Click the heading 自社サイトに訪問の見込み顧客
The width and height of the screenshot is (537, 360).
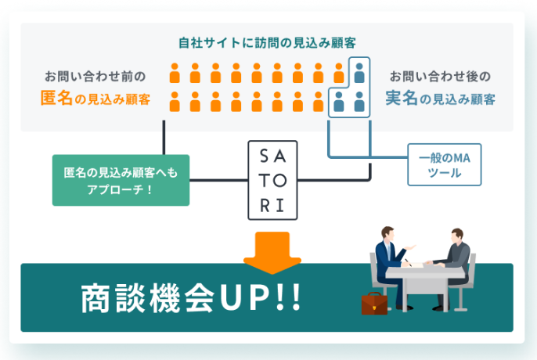[268, 42]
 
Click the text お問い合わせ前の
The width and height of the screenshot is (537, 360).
[95, 77]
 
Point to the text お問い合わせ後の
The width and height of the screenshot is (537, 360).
[440, 77]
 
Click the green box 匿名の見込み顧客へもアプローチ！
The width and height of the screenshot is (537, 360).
[121, 179]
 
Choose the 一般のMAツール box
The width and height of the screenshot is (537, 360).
[444, 164]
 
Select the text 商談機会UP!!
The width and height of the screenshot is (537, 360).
[191, 300]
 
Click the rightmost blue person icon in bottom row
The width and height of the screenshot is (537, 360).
[359, 101]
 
